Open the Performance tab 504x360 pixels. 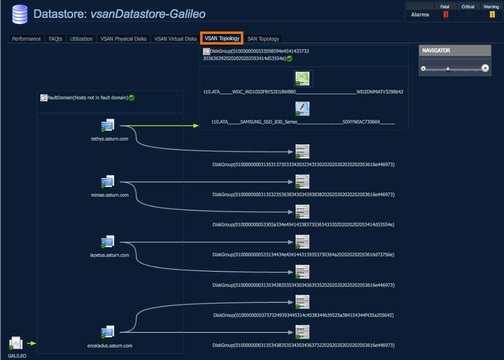[x=26, y=39]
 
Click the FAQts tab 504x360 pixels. [x=55, y=39]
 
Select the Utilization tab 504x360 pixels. [x=81, y=39]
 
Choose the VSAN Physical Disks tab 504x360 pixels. [x=124, y=39]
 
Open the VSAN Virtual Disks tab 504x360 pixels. [x=175, y=39]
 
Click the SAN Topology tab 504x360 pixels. [x=263, y=39]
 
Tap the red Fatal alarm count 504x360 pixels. [x=445, y=15]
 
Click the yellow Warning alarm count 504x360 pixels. [x=492, y=15]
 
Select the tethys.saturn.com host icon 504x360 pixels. [x=108, y=125]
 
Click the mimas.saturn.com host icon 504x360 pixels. [x=108, y=182]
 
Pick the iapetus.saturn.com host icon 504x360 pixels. [x=108, y=242]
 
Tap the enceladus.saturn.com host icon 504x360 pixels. [x=108, y=332]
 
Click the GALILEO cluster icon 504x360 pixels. [x=16, y=344]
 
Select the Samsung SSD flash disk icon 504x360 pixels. [x=302, y=109]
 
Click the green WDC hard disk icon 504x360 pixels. [x=302, y=79]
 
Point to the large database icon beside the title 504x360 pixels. [x=19, y=15]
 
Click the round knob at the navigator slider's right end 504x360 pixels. [x=485, y=68]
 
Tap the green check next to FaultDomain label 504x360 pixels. [x=131, y=98]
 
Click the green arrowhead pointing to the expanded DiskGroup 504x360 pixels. [x=196, y=125]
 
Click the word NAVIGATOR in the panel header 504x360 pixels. [x=436, y=50]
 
